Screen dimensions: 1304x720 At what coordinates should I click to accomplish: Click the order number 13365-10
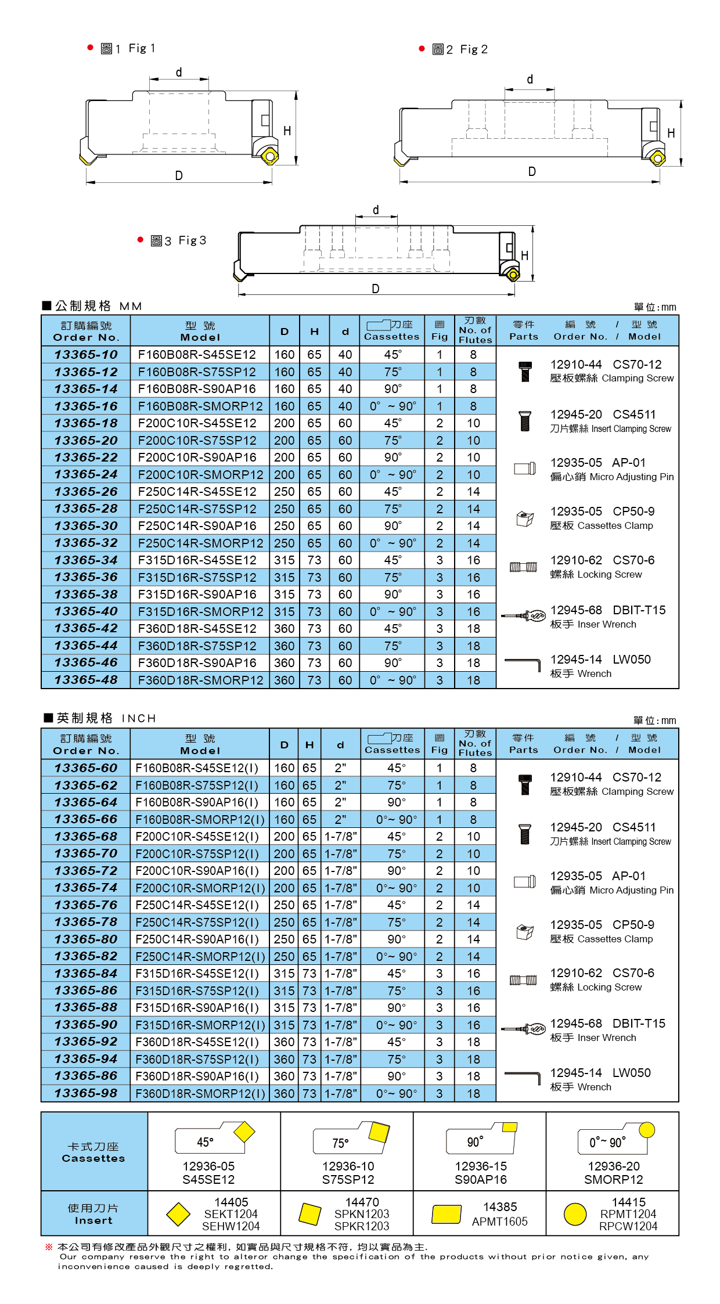click(x=86, y=355)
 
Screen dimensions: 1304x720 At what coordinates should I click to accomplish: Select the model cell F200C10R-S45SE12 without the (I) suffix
click(x=197, y=423)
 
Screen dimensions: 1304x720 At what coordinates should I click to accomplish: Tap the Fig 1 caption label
click(x=128, y=49)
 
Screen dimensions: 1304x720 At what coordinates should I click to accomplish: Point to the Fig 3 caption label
click(x=178, y=241)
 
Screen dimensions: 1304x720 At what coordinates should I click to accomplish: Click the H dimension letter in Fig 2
click(x=671, y=134)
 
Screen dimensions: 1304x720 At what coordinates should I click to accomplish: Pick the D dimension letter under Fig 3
click(x=376, y=289)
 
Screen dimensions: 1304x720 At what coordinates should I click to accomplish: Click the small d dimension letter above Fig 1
click(x=179, y=73)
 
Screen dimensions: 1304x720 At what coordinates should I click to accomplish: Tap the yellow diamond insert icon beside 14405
click(x=178, y=1214)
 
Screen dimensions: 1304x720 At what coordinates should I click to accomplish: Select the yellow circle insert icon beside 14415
click(x=575, y=1214)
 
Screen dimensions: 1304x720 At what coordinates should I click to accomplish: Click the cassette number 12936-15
click(x=481, y=1166)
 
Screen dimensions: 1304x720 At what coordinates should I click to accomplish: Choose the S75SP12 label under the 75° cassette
click(x=348, y=1179)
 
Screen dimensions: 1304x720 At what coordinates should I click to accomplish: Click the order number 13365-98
click(x=86, y=1093)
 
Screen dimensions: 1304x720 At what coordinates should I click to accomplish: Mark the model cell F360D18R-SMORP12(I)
click(x=200, y=1094)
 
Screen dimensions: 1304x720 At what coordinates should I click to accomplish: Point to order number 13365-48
click(x=86, y=680)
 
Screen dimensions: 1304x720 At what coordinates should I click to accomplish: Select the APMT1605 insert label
click(x=499, y=1222)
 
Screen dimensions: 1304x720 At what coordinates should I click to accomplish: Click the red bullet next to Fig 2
click(x=422, y=49)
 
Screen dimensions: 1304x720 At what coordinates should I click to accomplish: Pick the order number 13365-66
click(x=86, y=819)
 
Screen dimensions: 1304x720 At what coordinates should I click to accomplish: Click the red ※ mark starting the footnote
click(x=49, y=1247)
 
